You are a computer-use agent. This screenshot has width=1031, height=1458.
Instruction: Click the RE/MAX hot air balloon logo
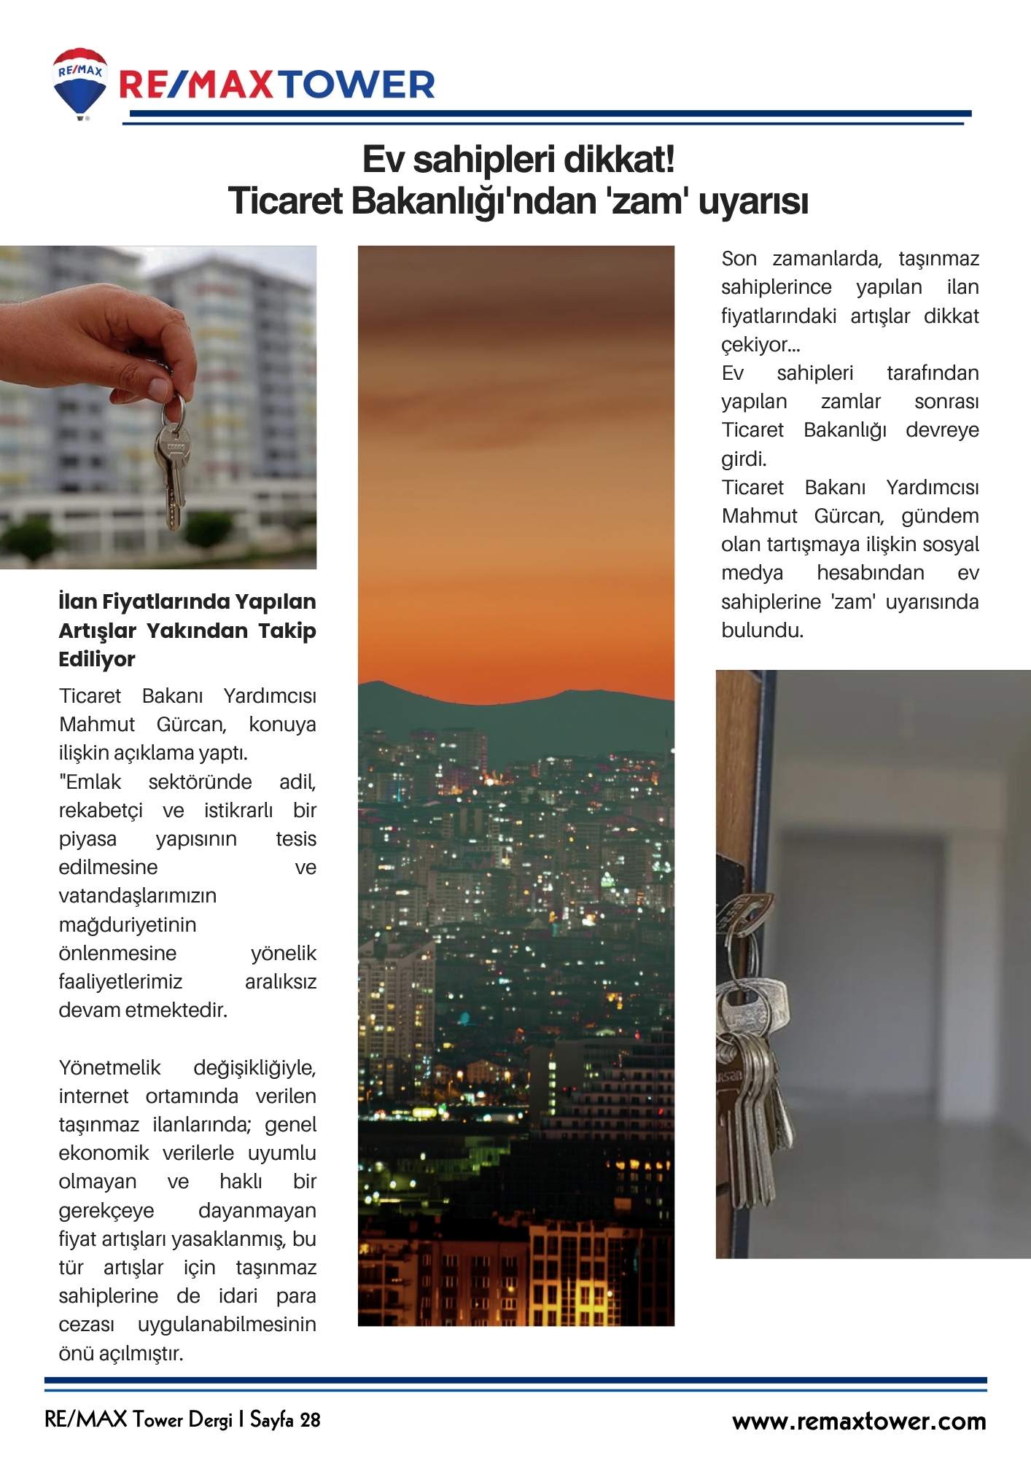tap(79, 82)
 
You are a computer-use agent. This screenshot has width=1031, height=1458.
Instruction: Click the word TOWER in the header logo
tap(357, 85)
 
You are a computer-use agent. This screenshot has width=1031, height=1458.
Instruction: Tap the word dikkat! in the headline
tap(619, 160)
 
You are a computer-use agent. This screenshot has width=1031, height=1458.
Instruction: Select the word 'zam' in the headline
tap(645, 201)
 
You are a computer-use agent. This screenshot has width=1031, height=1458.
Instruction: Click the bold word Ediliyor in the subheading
tap(97, 659)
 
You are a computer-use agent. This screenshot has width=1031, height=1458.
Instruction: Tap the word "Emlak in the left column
tap(90, 782)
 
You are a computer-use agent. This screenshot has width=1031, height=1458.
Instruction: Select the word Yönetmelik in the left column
tap(109, 1068)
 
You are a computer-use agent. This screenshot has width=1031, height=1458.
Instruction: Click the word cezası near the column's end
tap(87, 1325)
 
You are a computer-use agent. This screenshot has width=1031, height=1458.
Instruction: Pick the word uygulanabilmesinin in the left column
tap(227, 1325)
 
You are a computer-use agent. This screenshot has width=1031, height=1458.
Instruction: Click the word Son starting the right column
tap(739, 259)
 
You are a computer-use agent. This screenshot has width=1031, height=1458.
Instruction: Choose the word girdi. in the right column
tap(744, 459)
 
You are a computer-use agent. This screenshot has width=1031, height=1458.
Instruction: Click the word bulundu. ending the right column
tap(762, 631)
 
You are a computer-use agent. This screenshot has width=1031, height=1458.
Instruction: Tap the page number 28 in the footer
tap(310, 1420)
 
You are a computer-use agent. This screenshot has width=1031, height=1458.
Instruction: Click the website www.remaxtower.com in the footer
tap(859, 1422)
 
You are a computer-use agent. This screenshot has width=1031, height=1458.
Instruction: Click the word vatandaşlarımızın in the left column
tap(138, 896)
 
